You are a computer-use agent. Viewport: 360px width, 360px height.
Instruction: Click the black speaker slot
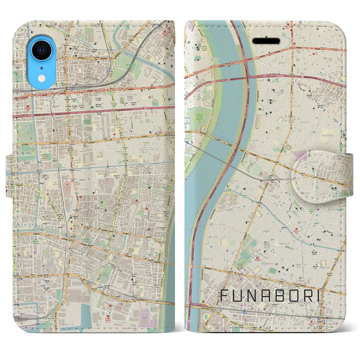266,41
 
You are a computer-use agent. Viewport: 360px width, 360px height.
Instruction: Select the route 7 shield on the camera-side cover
145,107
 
